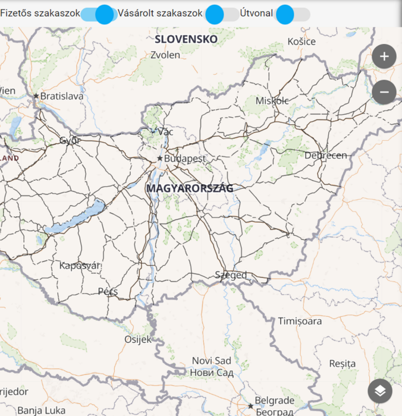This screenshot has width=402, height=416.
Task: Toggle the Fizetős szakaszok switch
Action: coord(99,14)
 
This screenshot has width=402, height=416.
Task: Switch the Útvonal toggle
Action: coord(293,14)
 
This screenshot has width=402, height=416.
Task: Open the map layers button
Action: coord(380,391)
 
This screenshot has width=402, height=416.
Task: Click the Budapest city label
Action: coord(185,159)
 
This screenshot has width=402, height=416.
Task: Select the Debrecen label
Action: coord(325,155)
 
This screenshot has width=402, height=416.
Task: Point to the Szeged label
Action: coord(231,275)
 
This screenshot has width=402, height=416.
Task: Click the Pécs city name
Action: coord(108,292)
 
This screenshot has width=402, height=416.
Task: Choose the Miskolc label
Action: coord(272,101)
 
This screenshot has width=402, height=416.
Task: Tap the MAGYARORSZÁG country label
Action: coord(190,188)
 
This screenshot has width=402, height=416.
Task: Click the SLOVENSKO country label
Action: coord(186,39)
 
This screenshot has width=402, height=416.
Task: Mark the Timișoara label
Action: coord(300,322)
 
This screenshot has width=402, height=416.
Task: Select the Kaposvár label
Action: coord(80,266)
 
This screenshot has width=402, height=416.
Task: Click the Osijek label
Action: coord(138,339)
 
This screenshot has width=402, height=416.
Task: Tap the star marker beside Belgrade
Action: coord(251,406)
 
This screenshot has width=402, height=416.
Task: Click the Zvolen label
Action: coord(165,55)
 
